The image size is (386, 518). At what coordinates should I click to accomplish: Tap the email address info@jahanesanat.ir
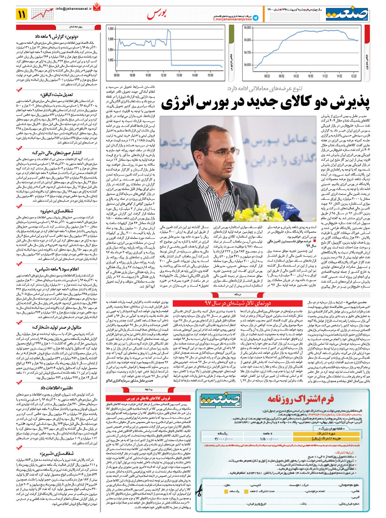[74, 9]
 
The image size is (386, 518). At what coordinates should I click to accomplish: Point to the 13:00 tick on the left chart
[179, 75]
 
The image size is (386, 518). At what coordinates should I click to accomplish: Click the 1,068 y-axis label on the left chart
[110, 29]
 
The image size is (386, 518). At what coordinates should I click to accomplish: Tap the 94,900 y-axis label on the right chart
[247, 28]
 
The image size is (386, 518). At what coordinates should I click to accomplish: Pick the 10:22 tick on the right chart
[296, 76]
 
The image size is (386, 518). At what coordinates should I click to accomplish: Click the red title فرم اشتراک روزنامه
[300, 399]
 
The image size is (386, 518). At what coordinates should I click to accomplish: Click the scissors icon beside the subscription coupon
[199, 490]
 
